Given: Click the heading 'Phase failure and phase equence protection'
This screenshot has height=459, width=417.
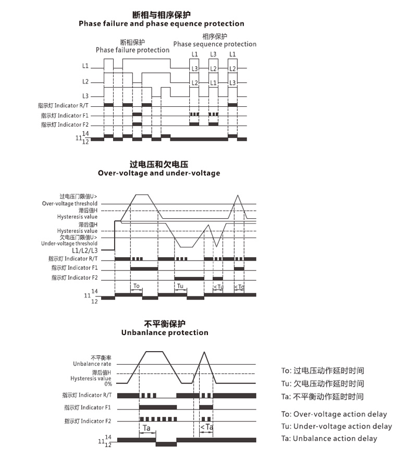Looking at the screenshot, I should pyautogui.click(x=161, y=23).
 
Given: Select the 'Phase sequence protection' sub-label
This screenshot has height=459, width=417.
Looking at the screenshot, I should pyautogui.click(x=215, y=44).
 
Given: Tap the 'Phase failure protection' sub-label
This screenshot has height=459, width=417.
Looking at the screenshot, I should pyautogui.click(x=132, y=50).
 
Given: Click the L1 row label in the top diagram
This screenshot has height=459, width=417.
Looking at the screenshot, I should pyautogui.click(x=85, y=67).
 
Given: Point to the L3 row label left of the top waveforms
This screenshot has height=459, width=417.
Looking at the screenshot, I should pyautogui.click(x=85, y=96).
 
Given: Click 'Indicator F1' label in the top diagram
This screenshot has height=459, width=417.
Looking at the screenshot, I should pyautogui.click(x=65, y=115).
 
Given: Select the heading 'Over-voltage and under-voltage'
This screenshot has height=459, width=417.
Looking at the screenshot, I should pyautogui.click(x=159, y=173).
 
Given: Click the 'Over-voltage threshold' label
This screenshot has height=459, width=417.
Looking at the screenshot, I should pyautogui.click(x=69, y=204).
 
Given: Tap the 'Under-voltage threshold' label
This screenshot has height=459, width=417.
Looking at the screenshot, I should pyautogui.click(x=69, y=243).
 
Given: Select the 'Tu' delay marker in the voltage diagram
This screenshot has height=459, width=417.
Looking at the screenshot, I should pyautogui.click(x=180, y=286).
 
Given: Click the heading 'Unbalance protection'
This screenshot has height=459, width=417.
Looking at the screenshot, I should pyautogui.click(x=164, y=332).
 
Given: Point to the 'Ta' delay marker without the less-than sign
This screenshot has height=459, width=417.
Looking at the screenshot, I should pyautogui.click(x=147, y=428).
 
